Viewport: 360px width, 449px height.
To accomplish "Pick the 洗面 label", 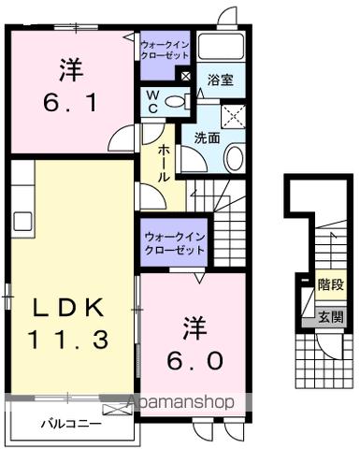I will tap(207, 137).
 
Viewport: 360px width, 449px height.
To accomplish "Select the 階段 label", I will tap(329, 283).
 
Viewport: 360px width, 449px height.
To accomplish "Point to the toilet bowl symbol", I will tap(183, 101).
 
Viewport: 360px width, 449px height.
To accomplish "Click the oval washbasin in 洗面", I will tap(234, 157).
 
